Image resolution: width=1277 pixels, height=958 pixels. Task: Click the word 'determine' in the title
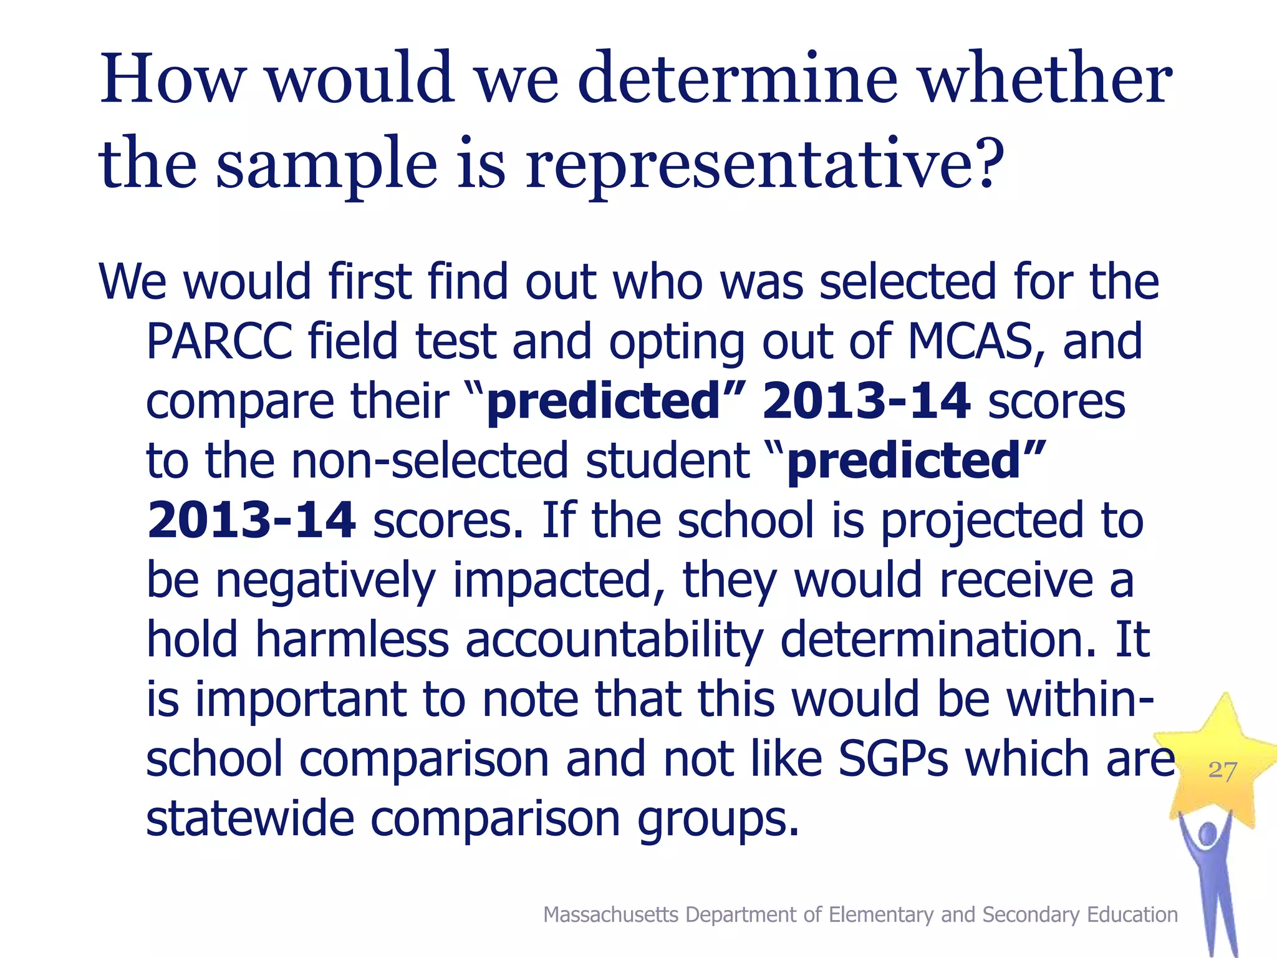pyautogui.click(x=738, y=79)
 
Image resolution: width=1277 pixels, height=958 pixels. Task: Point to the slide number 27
pyautogui.click(x=1222, y=771)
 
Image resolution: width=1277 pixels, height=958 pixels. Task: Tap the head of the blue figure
pyautogui.click(x=1208, y=834)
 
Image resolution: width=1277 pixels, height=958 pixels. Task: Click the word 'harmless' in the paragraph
pyautogui.click(x=352, y=639)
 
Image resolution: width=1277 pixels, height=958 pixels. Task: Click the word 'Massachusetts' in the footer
pyautogui.click(x=610, y=914)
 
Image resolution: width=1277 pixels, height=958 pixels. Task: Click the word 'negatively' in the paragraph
pyautogui.click(x=325, y=580)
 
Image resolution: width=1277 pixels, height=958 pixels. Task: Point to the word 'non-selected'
pyautogui.click(x=430, y=460)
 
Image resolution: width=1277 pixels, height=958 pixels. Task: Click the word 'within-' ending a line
pyautogui.click(x=1080, y=699)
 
